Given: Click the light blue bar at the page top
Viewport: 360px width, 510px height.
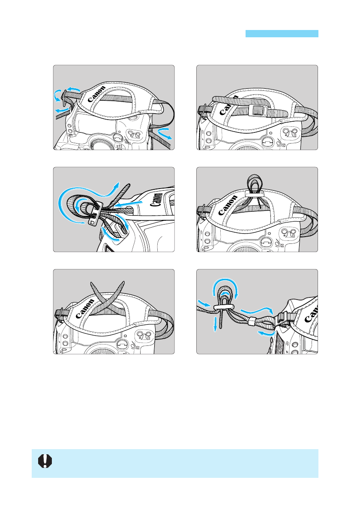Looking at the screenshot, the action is tap(282, 33).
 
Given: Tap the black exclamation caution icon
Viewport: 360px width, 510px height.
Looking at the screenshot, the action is tap(45, 461).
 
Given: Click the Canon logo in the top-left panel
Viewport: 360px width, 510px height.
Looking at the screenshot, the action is tap(96, 94).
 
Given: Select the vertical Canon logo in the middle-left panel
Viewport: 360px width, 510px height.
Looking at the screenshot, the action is tap(157, 200).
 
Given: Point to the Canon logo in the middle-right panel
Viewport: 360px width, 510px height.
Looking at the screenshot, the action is tap(228, 206).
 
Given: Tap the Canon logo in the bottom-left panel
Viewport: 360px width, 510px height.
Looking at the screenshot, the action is tap(84, 309).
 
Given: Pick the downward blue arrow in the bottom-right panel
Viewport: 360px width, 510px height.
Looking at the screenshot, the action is tap(215, 323).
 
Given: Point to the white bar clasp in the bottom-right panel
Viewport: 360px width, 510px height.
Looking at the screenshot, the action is tap(223, 307).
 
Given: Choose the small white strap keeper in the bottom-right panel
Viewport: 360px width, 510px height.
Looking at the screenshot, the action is tap(251, 322).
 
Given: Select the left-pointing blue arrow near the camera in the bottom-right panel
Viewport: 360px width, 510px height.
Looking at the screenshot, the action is tap(266, 333).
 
